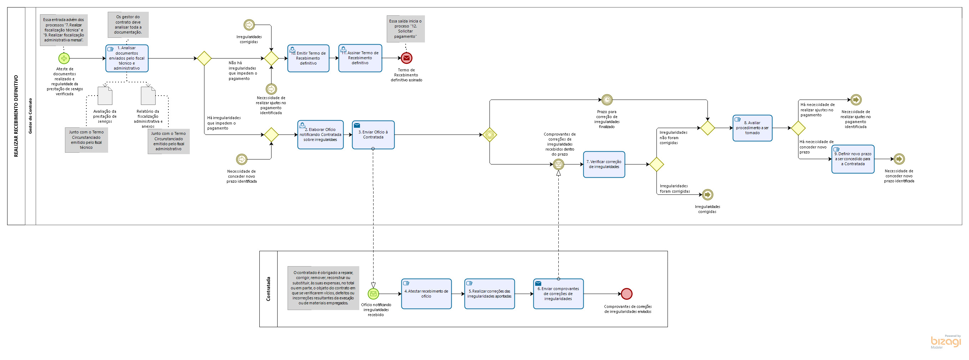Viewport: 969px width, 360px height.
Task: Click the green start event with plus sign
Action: tap(64, 58)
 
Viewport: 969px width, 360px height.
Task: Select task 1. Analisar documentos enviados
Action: tap(127, 58)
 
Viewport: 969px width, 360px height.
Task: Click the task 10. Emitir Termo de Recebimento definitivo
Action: tap(308, 58)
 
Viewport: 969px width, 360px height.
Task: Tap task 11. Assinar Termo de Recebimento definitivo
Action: tap(360, 58)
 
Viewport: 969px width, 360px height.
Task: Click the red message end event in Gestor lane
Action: tap(406, 58)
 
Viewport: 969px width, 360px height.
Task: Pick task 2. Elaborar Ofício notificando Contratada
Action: tap(320, 135)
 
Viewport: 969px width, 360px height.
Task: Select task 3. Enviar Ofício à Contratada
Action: tap(373, 135)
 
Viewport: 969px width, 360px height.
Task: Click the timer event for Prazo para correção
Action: tap(607, 100)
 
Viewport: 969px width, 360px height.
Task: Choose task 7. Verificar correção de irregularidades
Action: tap(604, 164)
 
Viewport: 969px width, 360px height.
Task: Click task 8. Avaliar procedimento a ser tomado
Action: tap(752, 128)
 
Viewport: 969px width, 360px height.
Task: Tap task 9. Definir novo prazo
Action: tap(853, 159)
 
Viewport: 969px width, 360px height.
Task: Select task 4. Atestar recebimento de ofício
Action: tap(426, 294)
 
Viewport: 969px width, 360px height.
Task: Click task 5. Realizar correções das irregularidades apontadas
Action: tap(489, 294)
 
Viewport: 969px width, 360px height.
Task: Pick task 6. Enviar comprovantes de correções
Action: tap(558, 294)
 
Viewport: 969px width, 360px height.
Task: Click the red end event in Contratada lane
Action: tap(627, 294)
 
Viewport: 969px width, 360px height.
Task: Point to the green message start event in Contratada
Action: tap(373, 294)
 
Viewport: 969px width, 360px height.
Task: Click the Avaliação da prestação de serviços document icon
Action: tap(105, 96)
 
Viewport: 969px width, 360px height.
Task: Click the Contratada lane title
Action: tap(268, 289)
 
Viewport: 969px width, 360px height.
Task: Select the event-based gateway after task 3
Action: tap(489, 135)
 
